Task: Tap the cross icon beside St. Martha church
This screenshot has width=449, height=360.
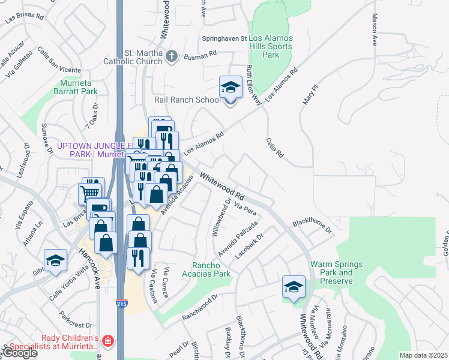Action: click(172, 57)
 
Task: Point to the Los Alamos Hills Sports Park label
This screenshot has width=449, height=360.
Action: click(271, 47)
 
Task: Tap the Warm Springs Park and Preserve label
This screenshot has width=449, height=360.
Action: click(331, 272)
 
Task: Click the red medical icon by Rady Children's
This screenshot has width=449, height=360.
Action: click(107, 341)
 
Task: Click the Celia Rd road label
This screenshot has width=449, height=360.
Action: click(274, 147)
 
